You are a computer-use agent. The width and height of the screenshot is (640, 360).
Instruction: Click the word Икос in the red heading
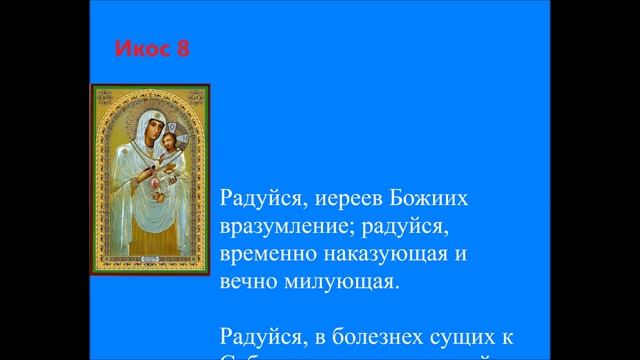[138, 48]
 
